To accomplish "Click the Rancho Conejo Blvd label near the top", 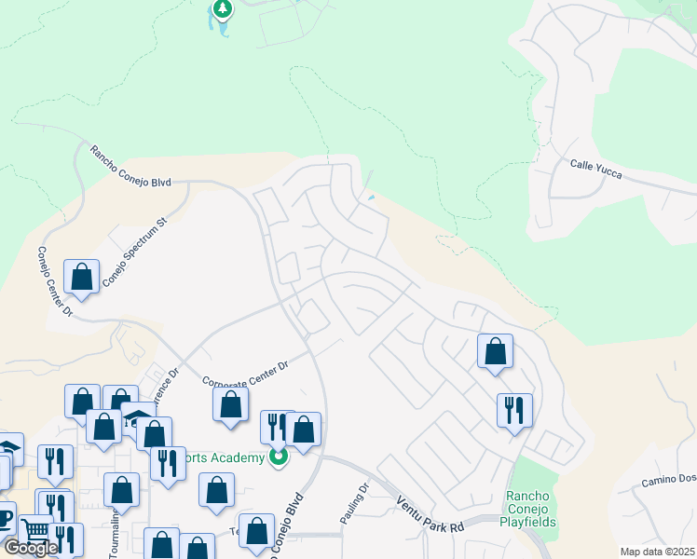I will coord(130,167).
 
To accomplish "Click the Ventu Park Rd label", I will coord(430,513).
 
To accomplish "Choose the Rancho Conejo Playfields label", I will coord(530,509).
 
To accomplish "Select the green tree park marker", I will coord(222,9).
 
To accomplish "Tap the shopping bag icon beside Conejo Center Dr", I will coord(82,277).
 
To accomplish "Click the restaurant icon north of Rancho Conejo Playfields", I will coord(514,410).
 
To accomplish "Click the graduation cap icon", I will coord(137,418).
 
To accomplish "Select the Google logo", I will coord(31,548).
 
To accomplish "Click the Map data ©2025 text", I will coord(656,552).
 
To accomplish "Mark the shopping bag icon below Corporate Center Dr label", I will coord(230,405).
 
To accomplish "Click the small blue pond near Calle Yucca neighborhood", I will coord(372,197).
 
